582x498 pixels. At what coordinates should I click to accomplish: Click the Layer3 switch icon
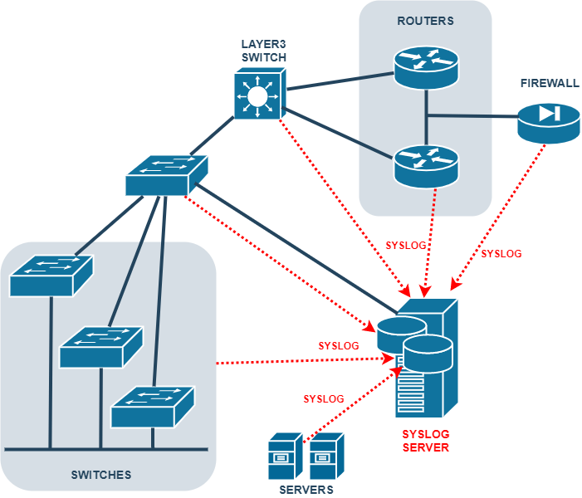click(x=258, y=94)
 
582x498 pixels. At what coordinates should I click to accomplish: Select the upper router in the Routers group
click(x=425, y=69)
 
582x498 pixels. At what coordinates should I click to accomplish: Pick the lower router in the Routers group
click(x=425, y=164)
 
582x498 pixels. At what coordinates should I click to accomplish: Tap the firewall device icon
click(x=549, y=120)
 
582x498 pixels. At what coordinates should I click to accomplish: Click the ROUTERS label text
click(x=425, y=21)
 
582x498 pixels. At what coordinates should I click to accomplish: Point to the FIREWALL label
click(x=550, y=84)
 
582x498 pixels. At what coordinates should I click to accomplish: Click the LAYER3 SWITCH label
click(x=263, y=51)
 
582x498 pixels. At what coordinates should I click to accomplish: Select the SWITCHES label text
click(x=101, y=475)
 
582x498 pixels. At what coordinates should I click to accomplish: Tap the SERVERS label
click(x=306, y=490)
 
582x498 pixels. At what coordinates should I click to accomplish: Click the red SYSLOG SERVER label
click(x=425, y=441)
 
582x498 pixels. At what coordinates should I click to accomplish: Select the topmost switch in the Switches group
click(x=51, y=275)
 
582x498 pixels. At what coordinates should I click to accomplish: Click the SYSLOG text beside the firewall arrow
click(x=501, y=254)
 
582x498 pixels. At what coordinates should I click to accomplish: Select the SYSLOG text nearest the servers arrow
click(x=324, y=399)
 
